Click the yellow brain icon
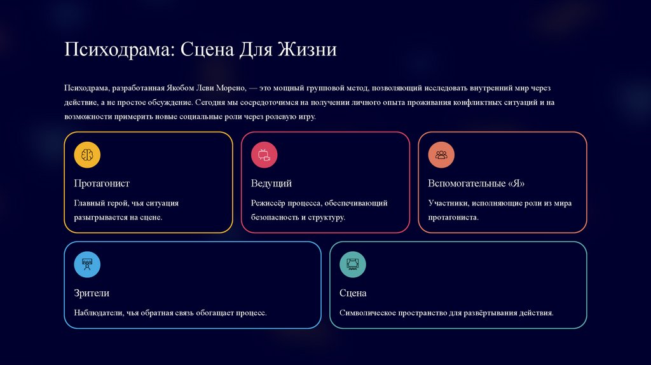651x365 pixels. pyautogui.click(x=87, y=155)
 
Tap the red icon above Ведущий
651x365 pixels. pyautogui.click(x=264, y=155)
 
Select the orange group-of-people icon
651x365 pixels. pyautogui.click(x=441, y=155)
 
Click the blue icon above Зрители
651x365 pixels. pyautogui.click(x=87, y=265)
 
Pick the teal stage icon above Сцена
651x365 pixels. pyautogui.click(x=353, y=265)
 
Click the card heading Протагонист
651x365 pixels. pyautogui.click(x=102, y=183)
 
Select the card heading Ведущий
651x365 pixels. pyautogui.click(x=271, y=183)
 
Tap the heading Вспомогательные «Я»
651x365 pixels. pyautogui.click(x=476, y=183)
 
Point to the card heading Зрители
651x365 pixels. pyautogui.click(x=92, y=293)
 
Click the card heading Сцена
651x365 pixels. pyautogui.click(x=353, y=293)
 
